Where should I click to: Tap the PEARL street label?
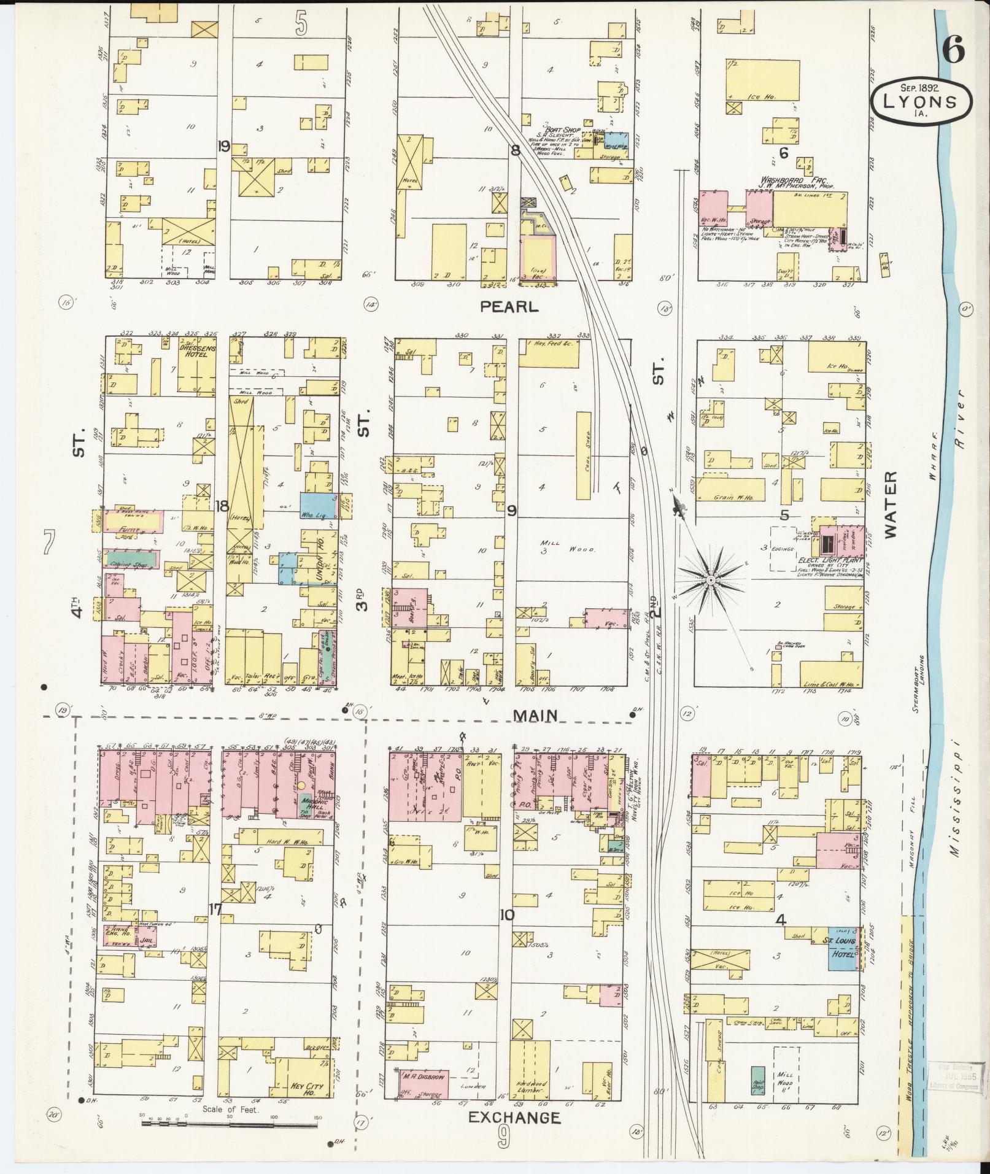pos(509,307)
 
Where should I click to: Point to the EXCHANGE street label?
pos(514,1118)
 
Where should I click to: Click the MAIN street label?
pos(535,715)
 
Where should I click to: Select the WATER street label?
pos(891,504)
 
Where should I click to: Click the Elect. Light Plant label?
pos(829,561)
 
